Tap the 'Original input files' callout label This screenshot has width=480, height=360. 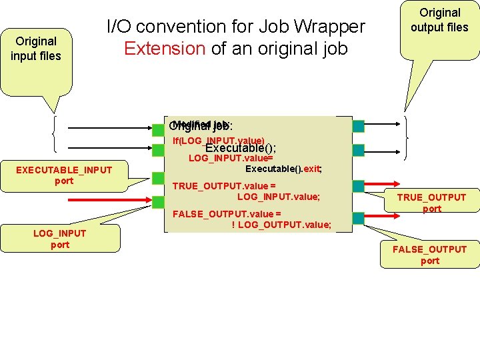click(x=35, y=49)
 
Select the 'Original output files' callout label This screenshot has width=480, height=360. click(x=439, y=20)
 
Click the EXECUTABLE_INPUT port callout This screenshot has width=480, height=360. click(x=64, y=175)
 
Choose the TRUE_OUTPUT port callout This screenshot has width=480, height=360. click(x=431, y=203)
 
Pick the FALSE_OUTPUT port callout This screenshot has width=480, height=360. click(x=429, y=255)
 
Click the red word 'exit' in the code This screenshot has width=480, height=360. click(x=311, y=169)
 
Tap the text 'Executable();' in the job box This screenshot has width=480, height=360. click(x=241, y=149)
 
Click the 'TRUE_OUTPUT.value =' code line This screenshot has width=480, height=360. click(x=224, y=186)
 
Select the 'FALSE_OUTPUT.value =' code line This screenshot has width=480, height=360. click(x=227, y=213)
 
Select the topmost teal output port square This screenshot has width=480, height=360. click(x=359, y=125)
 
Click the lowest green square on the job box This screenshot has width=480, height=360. click(x=157, y=200)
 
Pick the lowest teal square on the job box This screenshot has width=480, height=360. click(x=359, y=217)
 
